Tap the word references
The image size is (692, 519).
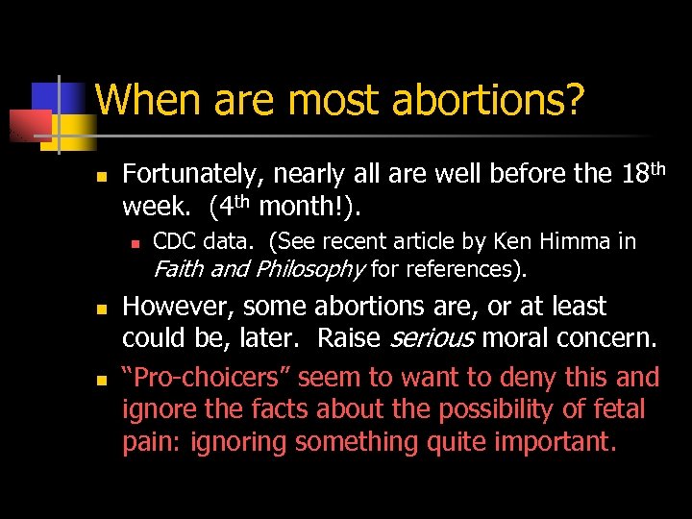[462, 268]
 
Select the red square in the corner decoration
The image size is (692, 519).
[29, 125]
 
